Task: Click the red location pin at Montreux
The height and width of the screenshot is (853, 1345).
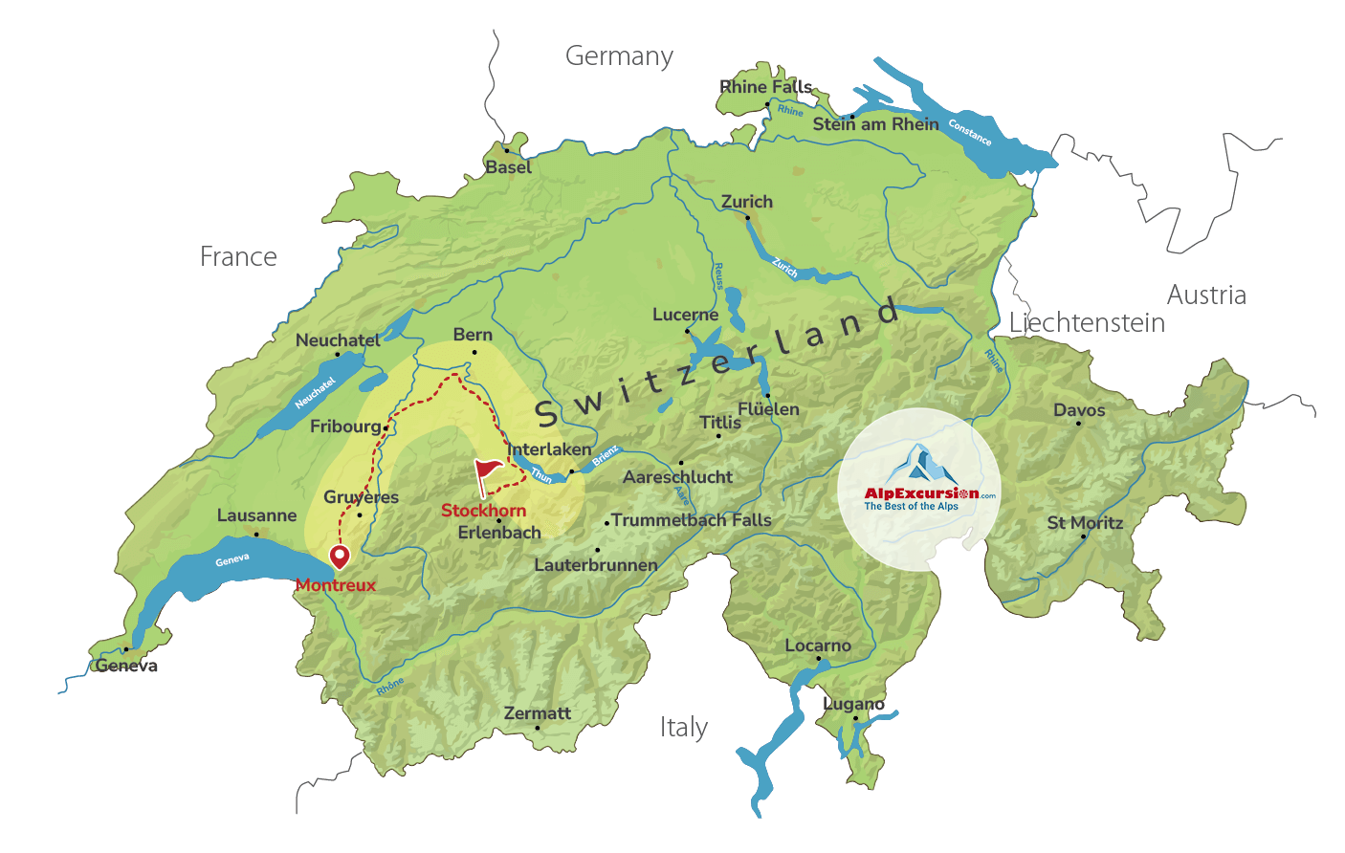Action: tap(339, 556)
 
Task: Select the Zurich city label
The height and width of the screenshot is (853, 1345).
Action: tap(746, 202)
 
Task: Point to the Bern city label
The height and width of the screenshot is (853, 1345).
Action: tap(473, 335)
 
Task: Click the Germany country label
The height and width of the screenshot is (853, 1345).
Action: tap(619, 56)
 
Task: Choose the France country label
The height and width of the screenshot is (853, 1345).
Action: tap(238, 257)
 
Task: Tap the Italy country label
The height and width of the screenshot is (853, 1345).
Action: tap(683, 728)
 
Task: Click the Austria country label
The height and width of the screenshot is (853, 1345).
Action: tap(1205, 295)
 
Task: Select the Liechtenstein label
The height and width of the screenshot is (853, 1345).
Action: tap(1087, 323)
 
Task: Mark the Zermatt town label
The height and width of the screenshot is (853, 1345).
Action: tap(537, 713)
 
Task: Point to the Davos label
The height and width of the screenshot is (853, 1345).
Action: tap(1079, 410)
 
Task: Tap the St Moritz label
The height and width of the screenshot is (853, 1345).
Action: tap(1085, 523)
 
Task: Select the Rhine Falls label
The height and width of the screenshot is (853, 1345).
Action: tap(765, 87)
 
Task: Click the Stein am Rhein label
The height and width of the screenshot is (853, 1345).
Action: tap(875, 124)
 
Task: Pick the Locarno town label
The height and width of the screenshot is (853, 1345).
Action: tap(817, 645)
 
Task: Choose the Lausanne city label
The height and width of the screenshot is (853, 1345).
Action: tap(256, 515)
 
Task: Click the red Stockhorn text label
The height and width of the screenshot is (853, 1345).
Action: tap(483, 511)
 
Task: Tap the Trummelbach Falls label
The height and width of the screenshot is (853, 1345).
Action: tap(691, 520)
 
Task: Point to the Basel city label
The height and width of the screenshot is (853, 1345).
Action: tap(508, 167)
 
